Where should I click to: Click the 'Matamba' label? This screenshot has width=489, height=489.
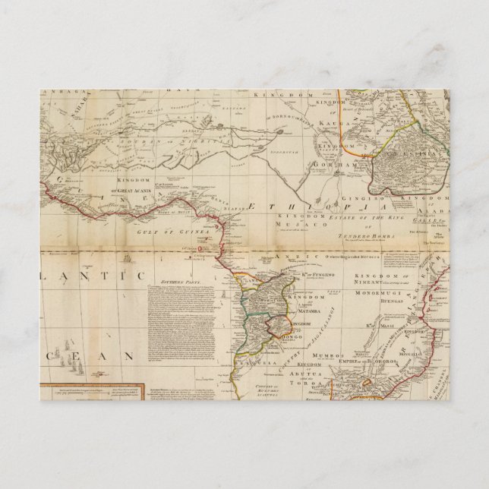(283, 311)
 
